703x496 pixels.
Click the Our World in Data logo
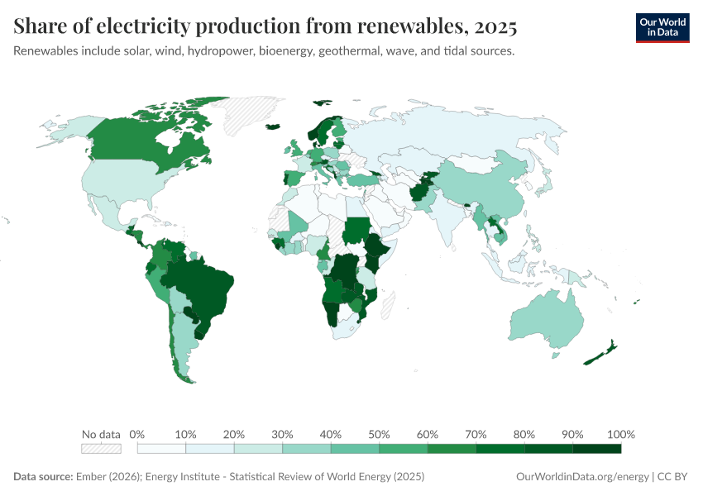662,26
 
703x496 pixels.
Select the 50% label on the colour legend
379,434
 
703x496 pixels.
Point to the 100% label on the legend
620,434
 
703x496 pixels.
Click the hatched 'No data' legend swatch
101,449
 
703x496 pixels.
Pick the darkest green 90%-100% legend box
596,449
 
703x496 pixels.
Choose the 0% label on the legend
137,434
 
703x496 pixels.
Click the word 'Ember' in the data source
90,477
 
